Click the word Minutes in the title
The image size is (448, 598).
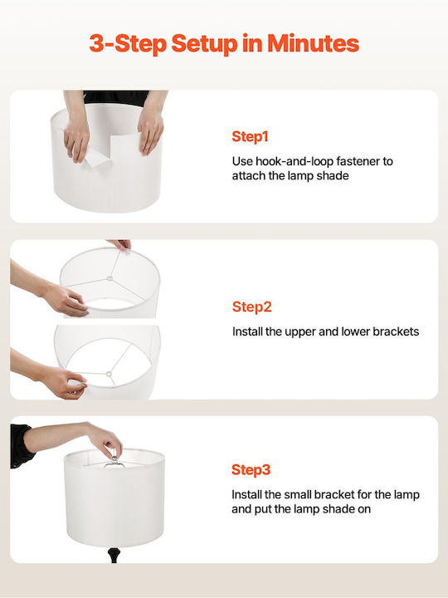[x=313, y=43]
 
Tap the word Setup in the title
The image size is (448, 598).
[x=204, y=44]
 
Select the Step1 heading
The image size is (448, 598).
[x=250, y=136]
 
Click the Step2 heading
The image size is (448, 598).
[x=252, y=306]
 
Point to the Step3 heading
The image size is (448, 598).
[x=251, y=469]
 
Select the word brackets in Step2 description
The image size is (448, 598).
[x=396, y=331]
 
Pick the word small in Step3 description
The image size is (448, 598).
[x=301, y=495]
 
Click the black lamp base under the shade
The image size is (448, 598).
[x=113, y=555]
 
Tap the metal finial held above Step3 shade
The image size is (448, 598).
[x=114, y=461]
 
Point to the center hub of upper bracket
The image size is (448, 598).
[x=110, y=278]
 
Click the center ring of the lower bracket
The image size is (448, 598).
[x=109, y=374]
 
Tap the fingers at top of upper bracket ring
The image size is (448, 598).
[x=120, y=244]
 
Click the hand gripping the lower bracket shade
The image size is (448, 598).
[x=65, y=383]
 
